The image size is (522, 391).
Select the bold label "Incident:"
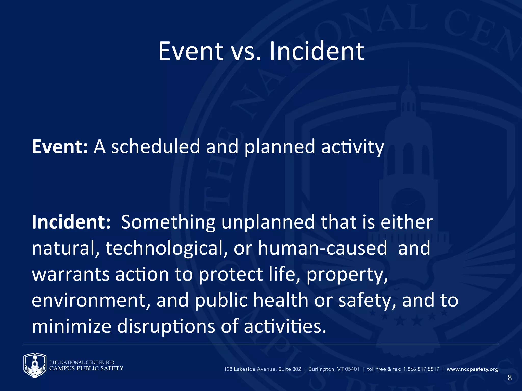[x=71, y=222]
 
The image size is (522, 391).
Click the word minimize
[x=71, y=326]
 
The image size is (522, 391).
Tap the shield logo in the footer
[x=35, y=365]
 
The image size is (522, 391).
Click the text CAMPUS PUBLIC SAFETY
[x=86, y=368]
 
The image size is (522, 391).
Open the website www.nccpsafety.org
[x=472, y=369]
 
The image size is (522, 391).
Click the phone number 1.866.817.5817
[x=421, y=369]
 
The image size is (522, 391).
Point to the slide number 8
[x=509, y=378]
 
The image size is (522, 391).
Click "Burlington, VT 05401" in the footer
[x=334, y=369]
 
